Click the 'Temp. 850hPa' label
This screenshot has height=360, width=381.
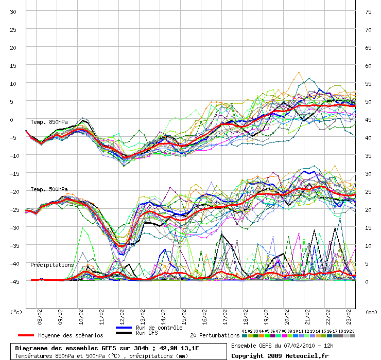click(49, 122)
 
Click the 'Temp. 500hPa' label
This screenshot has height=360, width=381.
click(49, 189)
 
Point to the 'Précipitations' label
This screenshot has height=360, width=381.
click(52, 265)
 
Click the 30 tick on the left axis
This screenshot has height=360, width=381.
click(13, 12)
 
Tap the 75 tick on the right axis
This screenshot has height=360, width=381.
click(368, 12)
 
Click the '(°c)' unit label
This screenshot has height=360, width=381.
click(16, 312)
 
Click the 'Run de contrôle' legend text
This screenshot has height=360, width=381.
click(159, 328)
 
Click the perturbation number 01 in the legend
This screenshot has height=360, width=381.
click(245, 331)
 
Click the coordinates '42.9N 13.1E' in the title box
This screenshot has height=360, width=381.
click(177, 348)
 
